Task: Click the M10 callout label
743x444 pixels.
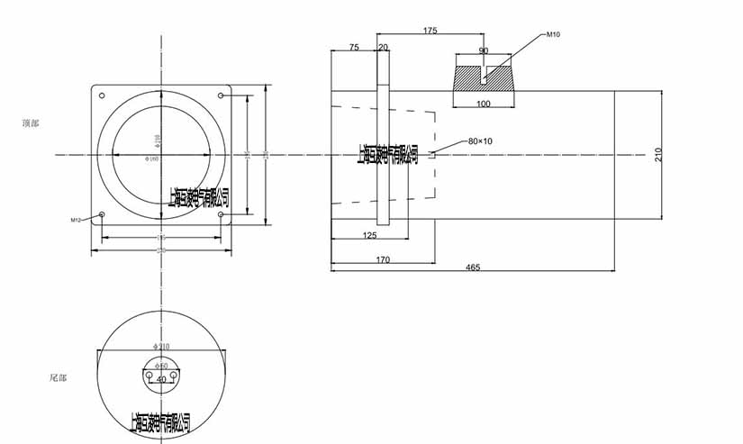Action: point(554,34)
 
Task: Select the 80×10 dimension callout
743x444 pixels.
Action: point(480,141)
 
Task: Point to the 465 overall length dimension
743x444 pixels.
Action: point(472,268)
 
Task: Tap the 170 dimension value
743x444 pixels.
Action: point(383,260)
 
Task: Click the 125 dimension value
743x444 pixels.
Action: point(368,235)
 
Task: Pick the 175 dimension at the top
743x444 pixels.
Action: point(430,31)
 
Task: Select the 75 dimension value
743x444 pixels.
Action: point(354,47)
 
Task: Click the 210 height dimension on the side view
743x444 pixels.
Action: point(658,154)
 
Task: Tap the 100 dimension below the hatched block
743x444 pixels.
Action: point(484,105)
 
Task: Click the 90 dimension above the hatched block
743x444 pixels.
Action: point(484,50)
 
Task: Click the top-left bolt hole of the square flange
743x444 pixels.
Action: point(102,96)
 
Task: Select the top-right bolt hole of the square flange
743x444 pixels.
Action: point(222,95)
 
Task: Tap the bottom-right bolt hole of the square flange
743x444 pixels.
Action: point(222,214)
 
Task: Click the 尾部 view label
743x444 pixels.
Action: point(58,377)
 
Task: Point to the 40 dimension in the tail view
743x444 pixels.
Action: point(162,380)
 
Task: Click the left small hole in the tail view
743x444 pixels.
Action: point(150,372)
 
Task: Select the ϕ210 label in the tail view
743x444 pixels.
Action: point(162,346)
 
